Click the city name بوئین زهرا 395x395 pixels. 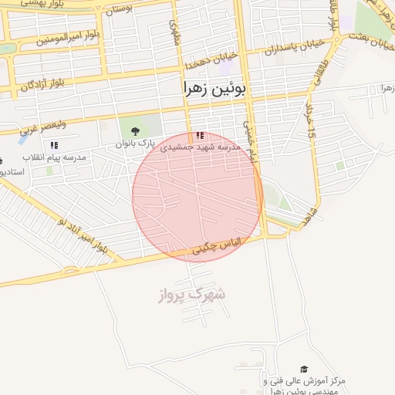(x=217, y=89)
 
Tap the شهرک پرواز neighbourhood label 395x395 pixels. (x=194, y=294)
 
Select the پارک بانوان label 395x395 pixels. (x=136, y=144)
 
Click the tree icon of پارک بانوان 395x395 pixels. (x=136, y=130)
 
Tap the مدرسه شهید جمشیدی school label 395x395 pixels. (x=201, y=147)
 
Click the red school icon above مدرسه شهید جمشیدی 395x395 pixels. (x=201, y=136)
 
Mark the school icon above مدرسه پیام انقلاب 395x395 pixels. (x=54, y=145)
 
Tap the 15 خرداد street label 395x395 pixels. (x=312, y=122)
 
